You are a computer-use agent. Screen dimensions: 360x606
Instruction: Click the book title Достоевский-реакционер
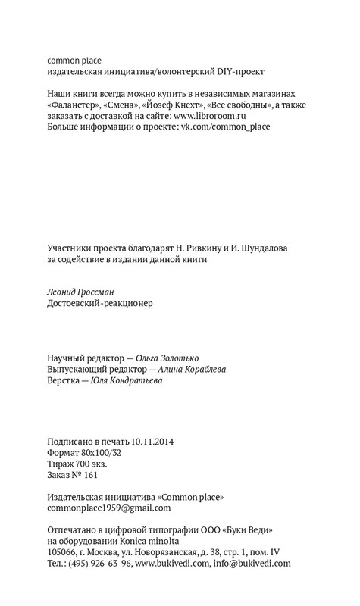pyautogui.click(x=100, y=304)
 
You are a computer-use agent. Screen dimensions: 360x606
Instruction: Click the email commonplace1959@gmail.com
pyautogui.click(x=109, y=508)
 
